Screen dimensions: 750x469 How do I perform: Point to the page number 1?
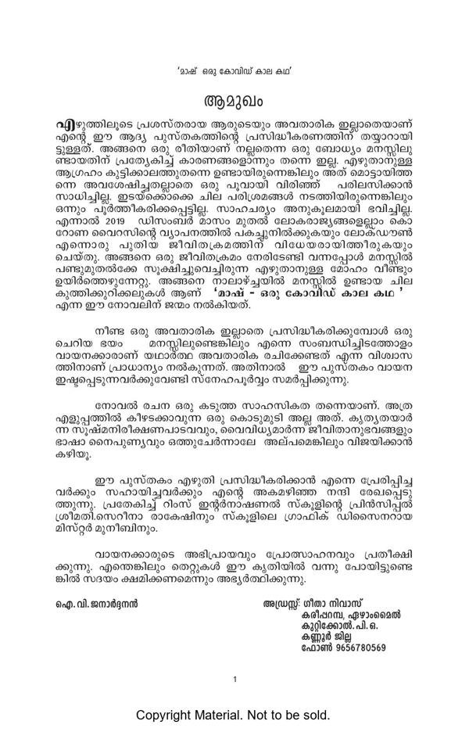pos(234,680)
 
